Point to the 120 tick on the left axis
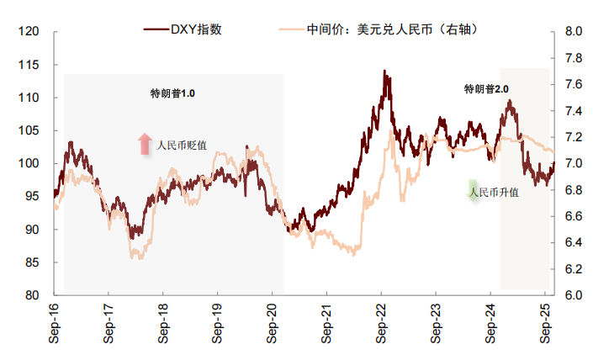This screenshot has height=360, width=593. (x=29, y=32)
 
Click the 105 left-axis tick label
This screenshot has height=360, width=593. (x=29, y=130)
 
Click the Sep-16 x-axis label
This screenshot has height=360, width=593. (x=55, y=325)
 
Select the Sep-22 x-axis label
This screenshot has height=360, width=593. (x=381, y=325)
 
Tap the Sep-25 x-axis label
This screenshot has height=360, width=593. (x=544, y=325)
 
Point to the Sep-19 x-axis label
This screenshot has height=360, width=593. (x=218, y=325)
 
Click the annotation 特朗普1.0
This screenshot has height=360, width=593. (x=172, y=93)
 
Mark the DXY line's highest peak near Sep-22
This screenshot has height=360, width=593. (x=384, y=72)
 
